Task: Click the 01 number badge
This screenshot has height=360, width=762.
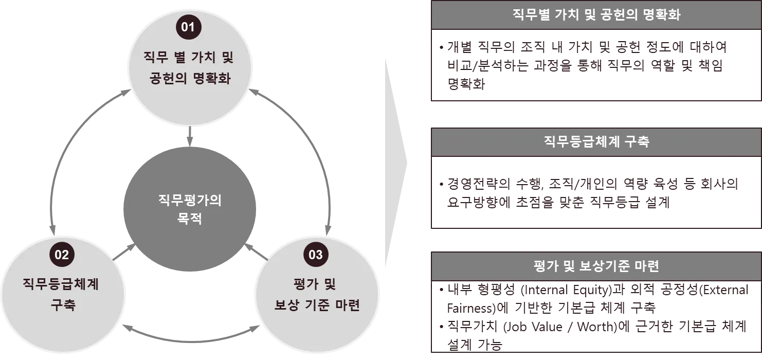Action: point(188,27)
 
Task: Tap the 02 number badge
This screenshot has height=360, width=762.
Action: point(62,255)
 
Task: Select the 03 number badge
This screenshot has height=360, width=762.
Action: point(315,255)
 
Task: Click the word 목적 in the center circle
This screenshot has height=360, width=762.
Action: point(190,219)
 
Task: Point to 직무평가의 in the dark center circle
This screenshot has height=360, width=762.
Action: point(190,200)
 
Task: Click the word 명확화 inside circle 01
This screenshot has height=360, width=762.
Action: point(212,79)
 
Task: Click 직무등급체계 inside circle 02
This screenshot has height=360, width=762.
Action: point(61,283)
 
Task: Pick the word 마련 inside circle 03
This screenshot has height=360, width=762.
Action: point(346,304)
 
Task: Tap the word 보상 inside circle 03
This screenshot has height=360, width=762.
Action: point(283,304)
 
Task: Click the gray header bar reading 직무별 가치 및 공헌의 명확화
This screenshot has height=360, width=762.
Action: point(596,15)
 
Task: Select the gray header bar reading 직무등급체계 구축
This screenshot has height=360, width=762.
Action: point(596,142)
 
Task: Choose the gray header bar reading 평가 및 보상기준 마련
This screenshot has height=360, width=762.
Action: point(596,266)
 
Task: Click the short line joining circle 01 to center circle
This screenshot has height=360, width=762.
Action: point(189,135)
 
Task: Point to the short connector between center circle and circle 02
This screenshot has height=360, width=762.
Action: point(119,251)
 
